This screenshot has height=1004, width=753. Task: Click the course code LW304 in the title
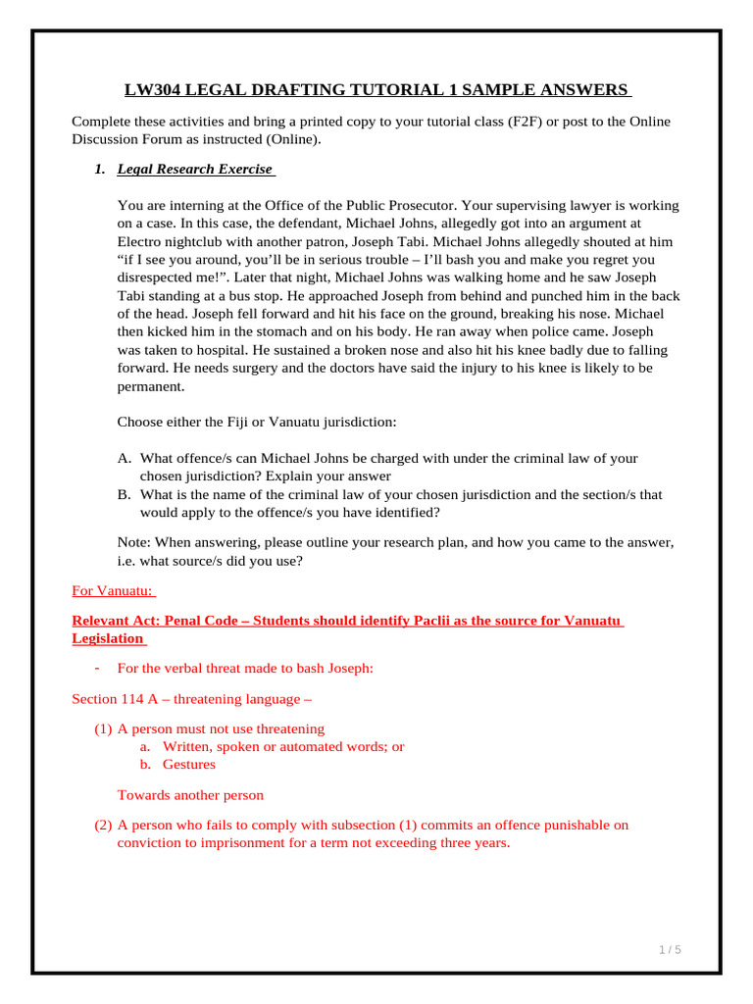pyautogui.click(x=154, y=90)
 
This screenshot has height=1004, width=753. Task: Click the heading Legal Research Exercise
pyautogui.click(x=195, y=170)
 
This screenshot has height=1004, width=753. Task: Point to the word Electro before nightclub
pyautogui.click(x=142, y=242)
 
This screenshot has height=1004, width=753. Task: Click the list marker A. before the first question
pyautogui.click(x=125, y=459)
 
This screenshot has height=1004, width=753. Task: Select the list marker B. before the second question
pyautogui.click(x=125, y=495)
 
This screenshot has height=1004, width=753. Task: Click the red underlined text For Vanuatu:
pyautogui.click(x=114, y=591)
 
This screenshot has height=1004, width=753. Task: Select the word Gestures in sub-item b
pyautogui.click(x=189, y=765)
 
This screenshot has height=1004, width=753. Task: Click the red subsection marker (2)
pyautogui.click(x=103, y=826)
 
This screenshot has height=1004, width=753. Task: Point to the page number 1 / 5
pyautogui.click(x=670, y=950)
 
